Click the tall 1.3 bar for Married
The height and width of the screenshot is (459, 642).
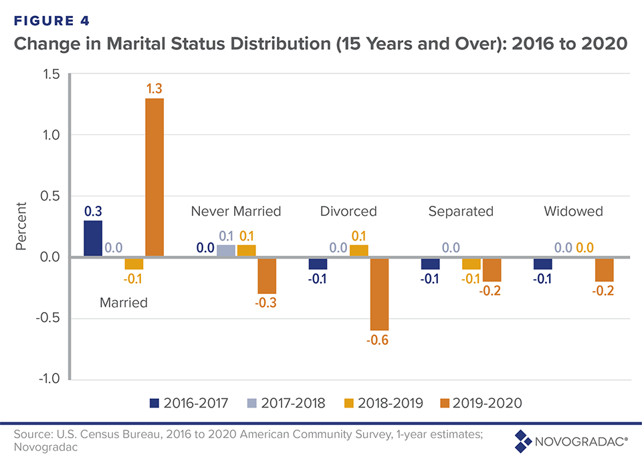pos(154,177)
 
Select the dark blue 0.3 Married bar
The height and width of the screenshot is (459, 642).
pos(93,239)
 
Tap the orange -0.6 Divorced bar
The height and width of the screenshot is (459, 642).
pos(380,293)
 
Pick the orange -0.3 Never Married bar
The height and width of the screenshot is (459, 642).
pos(267,275)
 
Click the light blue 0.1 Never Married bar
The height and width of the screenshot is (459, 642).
pos(226,251)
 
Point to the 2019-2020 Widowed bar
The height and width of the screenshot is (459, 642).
pos(604,269)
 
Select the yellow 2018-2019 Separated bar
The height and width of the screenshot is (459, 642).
pos(471,263)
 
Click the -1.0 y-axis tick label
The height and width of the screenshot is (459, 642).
pos(47,379)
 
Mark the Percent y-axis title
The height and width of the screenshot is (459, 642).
pos(21,226)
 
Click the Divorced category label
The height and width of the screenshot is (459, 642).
pos(348,211)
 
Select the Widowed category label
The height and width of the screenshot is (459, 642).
pos(573,211)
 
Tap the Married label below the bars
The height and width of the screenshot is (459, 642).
pos(124,302)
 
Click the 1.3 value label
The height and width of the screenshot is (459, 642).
pos(154,88)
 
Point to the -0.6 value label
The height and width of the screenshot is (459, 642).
pos(379,340)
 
